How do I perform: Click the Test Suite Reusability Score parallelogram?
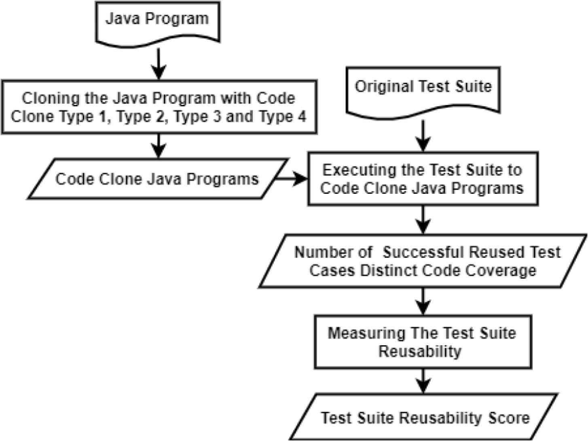(425, 417)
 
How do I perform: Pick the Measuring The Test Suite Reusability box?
(423, 342)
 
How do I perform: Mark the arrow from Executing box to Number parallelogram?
(423, 220)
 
